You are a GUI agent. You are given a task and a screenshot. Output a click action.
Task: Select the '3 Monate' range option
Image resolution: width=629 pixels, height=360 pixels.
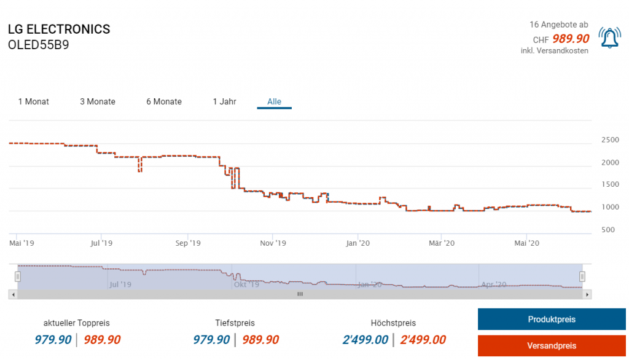point(98,101)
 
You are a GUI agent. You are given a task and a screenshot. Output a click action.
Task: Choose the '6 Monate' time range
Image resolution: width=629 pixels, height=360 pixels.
point(164,101)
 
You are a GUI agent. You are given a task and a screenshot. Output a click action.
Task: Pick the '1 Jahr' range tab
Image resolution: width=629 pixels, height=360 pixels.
point(224,101)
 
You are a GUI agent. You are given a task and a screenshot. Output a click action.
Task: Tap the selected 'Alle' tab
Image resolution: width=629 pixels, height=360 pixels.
point(274,101)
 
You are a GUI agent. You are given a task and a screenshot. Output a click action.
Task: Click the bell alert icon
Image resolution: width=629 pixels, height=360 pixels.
point(609,38)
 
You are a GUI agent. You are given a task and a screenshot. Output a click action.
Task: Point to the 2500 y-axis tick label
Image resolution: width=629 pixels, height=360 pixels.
point(610,140)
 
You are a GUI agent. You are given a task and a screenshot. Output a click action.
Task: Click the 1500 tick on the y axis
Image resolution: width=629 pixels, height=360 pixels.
point(610,184)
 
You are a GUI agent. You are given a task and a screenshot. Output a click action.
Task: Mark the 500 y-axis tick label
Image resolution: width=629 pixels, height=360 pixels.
point(608,230)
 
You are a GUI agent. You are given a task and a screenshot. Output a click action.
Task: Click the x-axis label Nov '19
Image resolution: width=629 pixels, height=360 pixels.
point(273,243)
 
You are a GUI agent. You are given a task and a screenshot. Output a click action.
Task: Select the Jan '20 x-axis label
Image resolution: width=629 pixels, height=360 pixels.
point(358,243)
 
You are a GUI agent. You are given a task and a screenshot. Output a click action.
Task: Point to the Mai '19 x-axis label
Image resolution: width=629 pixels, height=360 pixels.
point(22,243)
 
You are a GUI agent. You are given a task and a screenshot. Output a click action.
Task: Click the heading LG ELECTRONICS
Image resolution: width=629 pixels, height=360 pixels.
point(59,29)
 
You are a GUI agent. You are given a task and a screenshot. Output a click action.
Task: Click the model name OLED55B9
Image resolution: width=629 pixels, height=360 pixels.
point(39,45)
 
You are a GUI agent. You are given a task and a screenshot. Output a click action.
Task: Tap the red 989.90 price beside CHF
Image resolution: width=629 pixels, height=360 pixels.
point(571,39)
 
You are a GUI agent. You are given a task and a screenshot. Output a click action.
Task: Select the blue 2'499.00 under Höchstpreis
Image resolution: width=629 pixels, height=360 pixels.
point(365,340)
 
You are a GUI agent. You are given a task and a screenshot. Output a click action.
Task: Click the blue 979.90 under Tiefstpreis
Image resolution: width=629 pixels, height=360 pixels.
point(212,340)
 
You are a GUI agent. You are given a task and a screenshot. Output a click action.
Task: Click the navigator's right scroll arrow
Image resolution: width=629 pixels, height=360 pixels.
point(587,294)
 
